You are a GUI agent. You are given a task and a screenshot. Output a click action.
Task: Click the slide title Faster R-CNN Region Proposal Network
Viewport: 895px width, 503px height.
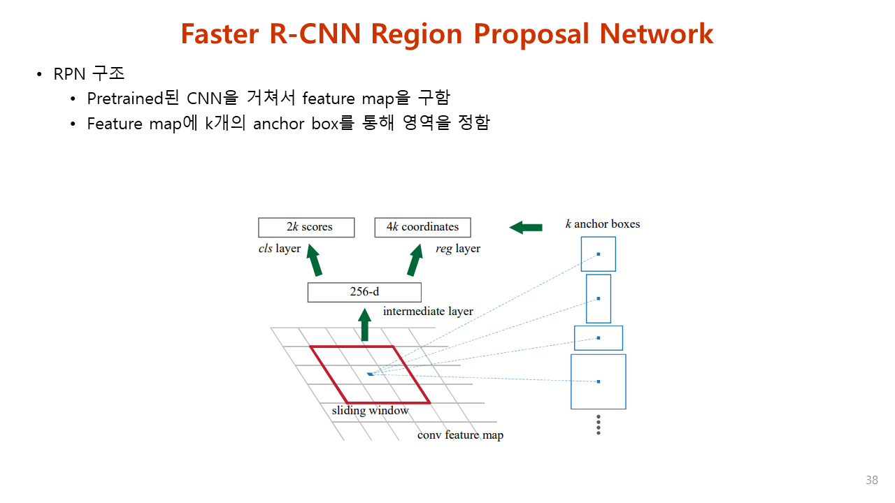(447, 34)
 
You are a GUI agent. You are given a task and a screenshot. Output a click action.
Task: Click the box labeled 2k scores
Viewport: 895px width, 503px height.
(306, 227)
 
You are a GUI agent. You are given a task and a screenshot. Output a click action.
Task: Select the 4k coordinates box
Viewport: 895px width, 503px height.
(422, 227)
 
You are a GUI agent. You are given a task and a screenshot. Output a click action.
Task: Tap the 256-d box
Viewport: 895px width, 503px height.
(364, 292)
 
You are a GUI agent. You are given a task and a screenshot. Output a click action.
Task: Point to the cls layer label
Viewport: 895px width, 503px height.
(280, 249)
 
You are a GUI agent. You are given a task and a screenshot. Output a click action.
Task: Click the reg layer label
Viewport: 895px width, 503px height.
(457, 249)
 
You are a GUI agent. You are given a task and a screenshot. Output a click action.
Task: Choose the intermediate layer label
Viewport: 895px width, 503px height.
(428, 312)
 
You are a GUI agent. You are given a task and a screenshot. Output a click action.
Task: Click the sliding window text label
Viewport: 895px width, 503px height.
(370, 411)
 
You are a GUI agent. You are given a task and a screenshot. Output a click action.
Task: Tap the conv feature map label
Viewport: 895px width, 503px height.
(460, 435)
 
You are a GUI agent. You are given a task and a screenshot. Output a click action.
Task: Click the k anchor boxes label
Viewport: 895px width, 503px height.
(603, 224)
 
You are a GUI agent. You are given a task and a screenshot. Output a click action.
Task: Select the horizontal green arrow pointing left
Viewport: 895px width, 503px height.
(526, 227)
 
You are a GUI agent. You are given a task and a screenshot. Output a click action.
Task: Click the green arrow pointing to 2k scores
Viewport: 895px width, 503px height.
(314, 261)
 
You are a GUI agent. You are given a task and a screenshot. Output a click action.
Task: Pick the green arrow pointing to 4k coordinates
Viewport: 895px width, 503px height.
(415, 261)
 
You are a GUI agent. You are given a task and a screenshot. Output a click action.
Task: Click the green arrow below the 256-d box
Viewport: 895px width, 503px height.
(364, 326)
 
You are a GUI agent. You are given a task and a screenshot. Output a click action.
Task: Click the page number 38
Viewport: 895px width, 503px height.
(871, 481)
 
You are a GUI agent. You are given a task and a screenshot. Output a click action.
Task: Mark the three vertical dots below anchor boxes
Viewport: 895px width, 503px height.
(599, 425)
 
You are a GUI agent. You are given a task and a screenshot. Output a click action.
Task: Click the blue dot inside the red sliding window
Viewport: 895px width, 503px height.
(370, 374)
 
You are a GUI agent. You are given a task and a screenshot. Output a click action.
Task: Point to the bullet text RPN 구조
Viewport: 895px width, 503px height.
(89, 74)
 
